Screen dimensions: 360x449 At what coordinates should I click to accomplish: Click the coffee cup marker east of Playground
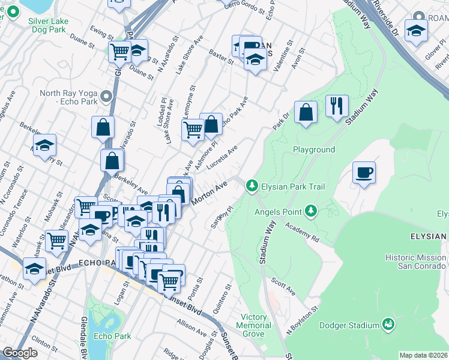pos(364,173)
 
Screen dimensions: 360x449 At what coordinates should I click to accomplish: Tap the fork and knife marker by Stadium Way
pos(337,106)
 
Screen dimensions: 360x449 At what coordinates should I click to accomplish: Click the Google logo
pos(20,353)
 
